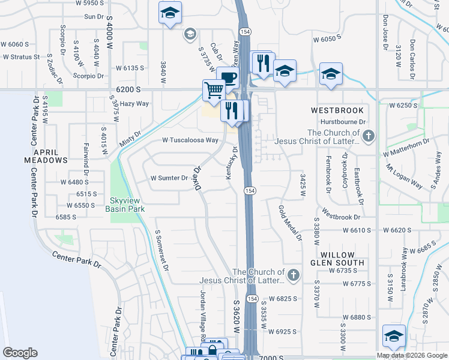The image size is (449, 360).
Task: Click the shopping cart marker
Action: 213,91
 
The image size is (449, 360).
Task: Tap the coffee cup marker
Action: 228,77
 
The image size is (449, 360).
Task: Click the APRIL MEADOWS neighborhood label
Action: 46,156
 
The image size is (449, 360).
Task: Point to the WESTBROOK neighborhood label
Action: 337,110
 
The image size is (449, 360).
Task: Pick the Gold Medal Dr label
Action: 290,223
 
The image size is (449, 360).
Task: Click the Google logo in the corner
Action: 20,353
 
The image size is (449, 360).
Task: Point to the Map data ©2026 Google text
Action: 412,355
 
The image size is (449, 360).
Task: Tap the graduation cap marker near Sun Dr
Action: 170,13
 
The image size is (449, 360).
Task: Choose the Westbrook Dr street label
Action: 340,216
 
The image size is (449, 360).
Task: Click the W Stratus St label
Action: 21,57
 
